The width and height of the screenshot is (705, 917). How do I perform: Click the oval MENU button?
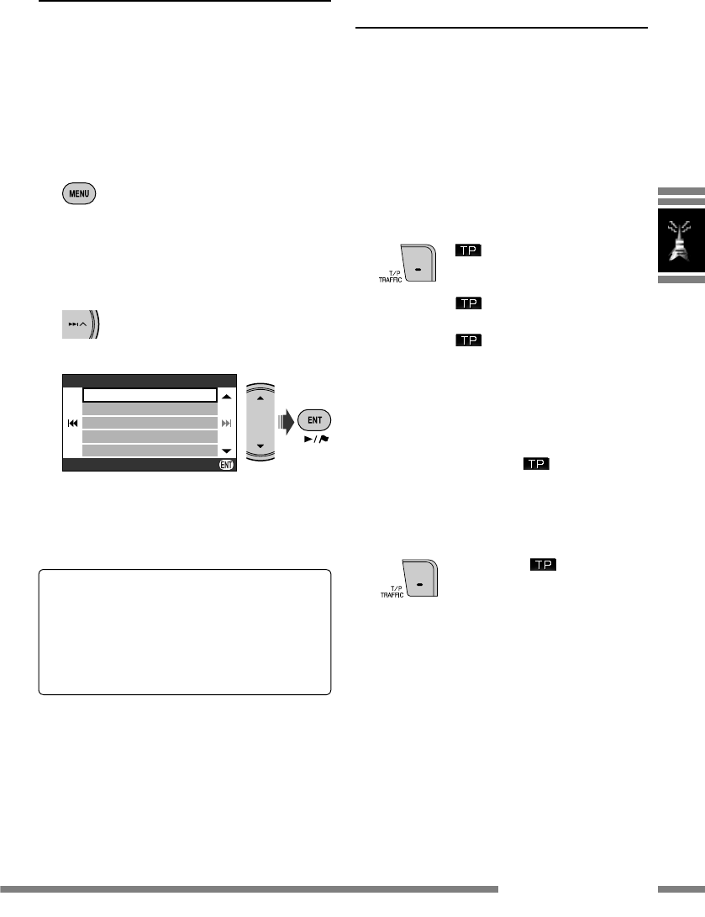[x=78, y=193]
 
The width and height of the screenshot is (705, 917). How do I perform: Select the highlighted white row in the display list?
[x=150, y=395]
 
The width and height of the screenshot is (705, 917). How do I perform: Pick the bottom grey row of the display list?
[x=150, y=451]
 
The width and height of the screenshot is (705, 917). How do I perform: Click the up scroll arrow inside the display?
[x=226, y=395]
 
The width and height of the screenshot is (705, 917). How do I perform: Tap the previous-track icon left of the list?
[x=73, y=423]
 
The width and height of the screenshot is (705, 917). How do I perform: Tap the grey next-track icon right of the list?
[x=226, y=423]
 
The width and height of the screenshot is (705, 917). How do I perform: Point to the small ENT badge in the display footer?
[x=226, y=465]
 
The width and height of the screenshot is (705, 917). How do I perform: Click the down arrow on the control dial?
[x=260, y=446]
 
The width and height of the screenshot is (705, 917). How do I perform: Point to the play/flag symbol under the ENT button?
[x=317, y=439]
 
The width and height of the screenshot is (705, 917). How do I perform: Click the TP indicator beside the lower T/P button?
[x=539, y=565]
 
